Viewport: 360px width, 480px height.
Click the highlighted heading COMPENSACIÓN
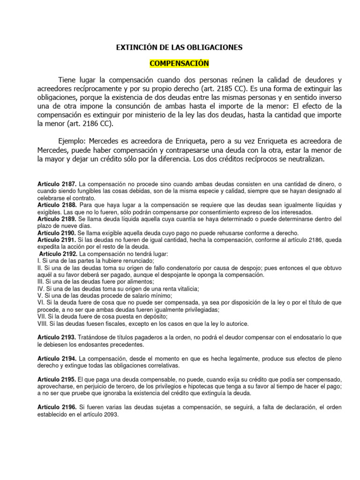click(179, 63)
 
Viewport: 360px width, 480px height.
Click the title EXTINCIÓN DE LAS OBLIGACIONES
click(180, 47)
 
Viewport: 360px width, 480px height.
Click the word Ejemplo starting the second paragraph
click(72, 142)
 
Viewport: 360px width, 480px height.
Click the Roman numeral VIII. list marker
click(43, 323)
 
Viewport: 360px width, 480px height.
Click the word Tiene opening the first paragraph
click(67, 79)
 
